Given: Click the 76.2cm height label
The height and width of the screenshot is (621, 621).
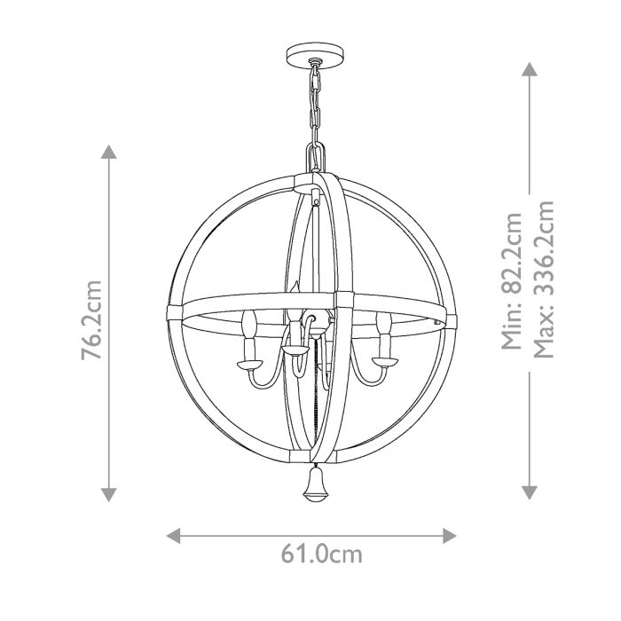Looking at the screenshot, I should pyautogui.click(x=91, y=320).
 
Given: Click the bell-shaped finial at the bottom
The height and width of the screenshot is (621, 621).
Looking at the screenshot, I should pyautogui.click(x=314, y=484).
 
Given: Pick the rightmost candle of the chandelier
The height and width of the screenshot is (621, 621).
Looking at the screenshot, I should pyautogui.click(x=384, y=329).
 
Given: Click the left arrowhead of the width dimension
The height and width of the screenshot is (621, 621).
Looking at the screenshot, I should pyautogui.click(x=175, y=535).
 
